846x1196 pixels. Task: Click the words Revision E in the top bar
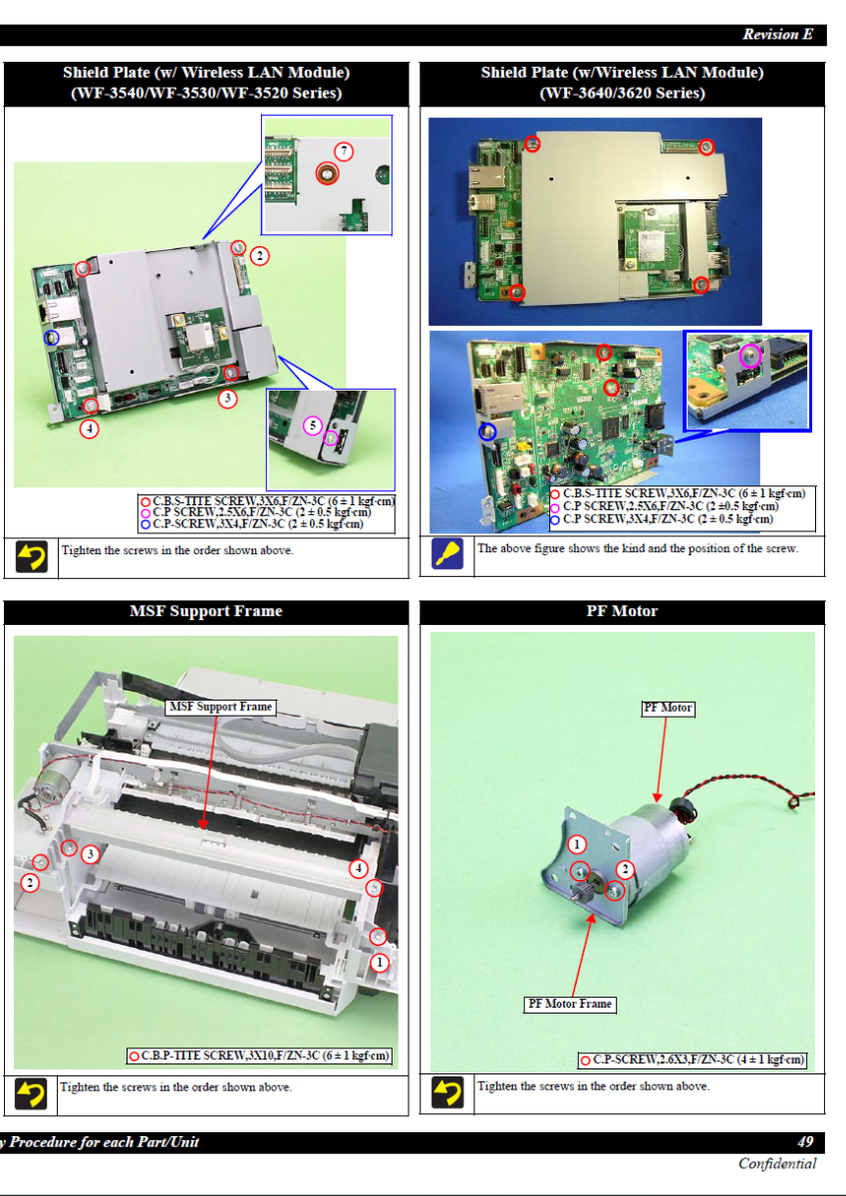pos(777,34)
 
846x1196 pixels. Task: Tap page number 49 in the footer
pos(805,1141)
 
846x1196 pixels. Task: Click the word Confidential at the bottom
pos(777,1163)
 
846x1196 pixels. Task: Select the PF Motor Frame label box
pos(570,1004)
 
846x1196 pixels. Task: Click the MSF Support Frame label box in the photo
pos(220,707)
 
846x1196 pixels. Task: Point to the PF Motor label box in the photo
pos(668,708)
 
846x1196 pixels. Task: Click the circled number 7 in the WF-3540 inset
pos(344,151)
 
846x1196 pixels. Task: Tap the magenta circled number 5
pos(313,426)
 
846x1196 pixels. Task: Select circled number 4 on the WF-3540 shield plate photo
pos(89,429)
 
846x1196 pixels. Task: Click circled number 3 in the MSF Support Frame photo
pos(91,854)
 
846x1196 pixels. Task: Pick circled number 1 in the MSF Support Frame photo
pos(380,962)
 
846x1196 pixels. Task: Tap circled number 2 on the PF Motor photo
pos(625,870)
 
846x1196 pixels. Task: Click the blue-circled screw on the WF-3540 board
pos(51,338)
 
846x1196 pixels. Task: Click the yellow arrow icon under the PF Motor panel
pos(447,1092)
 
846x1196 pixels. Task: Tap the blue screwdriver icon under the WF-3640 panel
pos(447,554)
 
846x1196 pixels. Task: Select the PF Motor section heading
pos(622,611)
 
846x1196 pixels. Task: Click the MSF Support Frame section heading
pos(206,611)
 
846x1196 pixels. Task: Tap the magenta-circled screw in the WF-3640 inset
pos(750,356)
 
